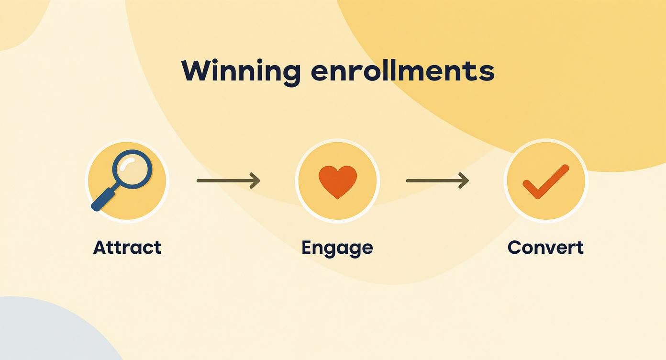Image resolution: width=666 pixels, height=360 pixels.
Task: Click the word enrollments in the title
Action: [402, 71]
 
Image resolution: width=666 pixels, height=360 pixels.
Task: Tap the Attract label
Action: [127, 247]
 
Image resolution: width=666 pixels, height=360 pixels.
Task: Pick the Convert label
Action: [545, 247]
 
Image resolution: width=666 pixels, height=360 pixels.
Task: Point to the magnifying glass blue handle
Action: [103, 199]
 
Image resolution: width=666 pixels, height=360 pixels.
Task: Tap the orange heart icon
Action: [338, 181]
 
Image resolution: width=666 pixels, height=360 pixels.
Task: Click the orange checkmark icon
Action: [545, 182]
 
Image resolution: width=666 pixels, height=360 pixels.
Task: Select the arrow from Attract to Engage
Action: [228, 180]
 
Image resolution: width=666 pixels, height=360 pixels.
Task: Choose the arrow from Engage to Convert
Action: [437, 180]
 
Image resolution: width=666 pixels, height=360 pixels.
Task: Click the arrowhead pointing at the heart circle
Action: [256, 180]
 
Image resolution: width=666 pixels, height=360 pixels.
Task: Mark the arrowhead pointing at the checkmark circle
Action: [465, 180]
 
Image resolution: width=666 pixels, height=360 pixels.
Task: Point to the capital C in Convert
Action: [515, 247]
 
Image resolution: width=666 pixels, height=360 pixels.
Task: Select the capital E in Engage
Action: [307, 247]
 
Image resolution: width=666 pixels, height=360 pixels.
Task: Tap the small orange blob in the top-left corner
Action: [17, 19]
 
